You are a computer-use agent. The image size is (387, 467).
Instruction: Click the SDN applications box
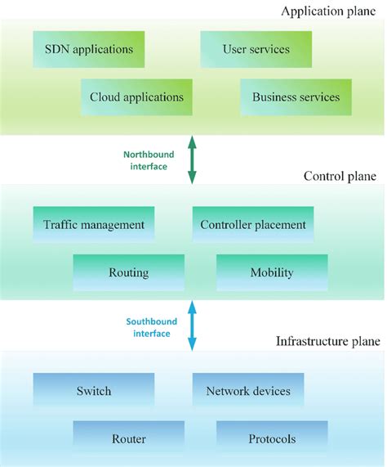coord(89,50)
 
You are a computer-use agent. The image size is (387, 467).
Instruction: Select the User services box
coord(256,50)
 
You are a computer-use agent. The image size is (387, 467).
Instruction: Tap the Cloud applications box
coord(136,97)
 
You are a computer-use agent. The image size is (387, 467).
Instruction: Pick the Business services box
coord(296,97)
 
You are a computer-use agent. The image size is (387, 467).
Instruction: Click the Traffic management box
coord(94,224)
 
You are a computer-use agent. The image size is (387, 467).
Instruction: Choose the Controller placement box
coord(253,224)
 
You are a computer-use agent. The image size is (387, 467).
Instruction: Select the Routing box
coord(128,272)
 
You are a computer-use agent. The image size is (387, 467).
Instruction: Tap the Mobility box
coord(271,272)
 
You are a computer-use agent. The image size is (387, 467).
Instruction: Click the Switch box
coord(94,391)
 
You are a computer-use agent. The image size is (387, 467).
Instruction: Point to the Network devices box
coord(248,391)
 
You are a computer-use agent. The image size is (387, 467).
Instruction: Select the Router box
coord(128,439)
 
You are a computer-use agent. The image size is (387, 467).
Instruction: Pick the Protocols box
coord(272,439)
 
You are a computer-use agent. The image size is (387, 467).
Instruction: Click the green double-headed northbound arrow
coord(193,160)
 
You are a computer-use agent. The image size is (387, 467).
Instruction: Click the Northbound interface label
coord(145,160)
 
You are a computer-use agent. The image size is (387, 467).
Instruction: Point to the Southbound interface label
coord(148,327)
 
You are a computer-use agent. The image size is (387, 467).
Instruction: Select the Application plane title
coord(330,11)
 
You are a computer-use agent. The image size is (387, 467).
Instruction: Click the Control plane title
coord(340,176)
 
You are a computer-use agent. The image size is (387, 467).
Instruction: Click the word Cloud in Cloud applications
coord(106,97)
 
